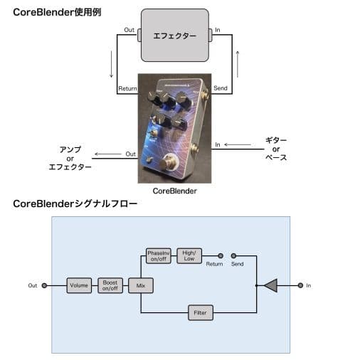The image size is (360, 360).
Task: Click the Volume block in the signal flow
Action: [79, 285]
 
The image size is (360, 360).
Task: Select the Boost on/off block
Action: [110, 285]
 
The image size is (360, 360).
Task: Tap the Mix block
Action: [140, 285]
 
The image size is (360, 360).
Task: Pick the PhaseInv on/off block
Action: [157, 255]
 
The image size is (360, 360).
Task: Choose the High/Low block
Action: [189, 255]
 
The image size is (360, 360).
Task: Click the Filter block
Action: [199, 312]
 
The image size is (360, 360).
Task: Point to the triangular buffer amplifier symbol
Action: [270, 285]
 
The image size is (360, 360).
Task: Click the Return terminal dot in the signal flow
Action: [221, 255]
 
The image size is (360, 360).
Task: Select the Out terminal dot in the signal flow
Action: [45, 285]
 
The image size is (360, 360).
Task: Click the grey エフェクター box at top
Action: [174, 35]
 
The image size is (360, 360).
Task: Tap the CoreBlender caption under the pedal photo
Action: [174, 191]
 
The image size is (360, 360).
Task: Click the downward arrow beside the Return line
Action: [111, 66]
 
